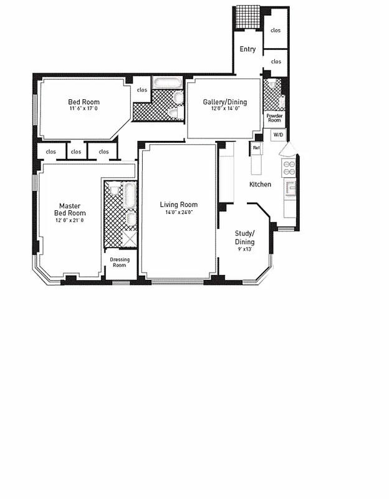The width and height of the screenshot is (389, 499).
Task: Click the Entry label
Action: coord(247,49)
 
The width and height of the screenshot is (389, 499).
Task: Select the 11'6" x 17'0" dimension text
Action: coord(84,109)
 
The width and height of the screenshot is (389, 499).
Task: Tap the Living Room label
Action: coord(178,205)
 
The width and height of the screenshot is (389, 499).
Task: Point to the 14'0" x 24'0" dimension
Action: coord(178,212)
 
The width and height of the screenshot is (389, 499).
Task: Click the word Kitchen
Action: coord(260,185)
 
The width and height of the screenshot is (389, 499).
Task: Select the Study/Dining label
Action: coord(244,238)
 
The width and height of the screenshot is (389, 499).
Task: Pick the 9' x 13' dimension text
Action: coord(244,249)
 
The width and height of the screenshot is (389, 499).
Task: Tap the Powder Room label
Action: coord(275,118)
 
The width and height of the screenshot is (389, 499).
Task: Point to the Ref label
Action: coord(256,148)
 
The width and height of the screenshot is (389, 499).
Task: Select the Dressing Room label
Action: coord(119,262)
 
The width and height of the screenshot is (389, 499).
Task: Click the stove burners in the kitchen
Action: coord(289,168)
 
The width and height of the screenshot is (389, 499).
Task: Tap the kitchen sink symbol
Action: coord(290,188)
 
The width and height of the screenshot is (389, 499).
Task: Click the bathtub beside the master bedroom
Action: coord(130,195)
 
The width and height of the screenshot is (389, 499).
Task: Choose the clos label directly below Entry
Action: coord(276,62)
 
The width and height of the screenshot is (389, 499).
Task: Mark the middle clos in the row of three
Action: coord(75,152)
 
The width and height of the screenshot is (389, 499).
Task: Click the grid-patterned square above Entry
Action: coord(247,17)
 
